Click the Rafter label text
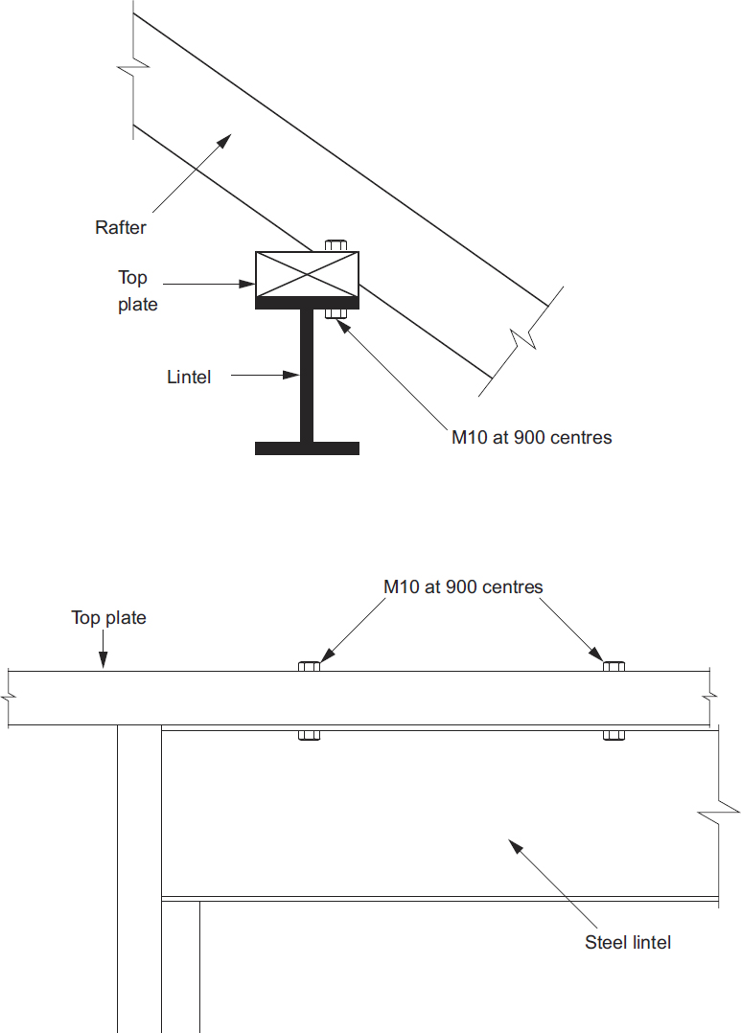(x=120, y=227)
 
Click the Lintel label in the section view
(x=189, y=377)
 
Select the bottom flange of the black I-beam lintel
(x=307, y=448)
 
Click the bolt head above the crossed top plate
(x=336, y=245)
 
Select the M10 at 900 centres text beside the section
(x=531, y=437)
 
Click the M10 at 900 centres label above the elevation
(x=463, y=586)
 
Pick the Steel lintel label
(x=628, y=942)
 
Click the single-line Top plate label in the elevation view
(x=108, y=618)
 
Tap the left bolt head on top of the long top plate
(x=309, y=666)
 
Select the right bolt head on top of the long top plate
(x=614, y=666)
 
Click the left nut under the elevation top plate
(x=309, y=735)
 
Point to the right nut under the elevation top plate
(x=614, y=735)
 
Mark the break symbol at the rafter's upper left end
(x=132, y=69)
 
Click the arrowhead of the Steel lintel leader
(x=513, y=845)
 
